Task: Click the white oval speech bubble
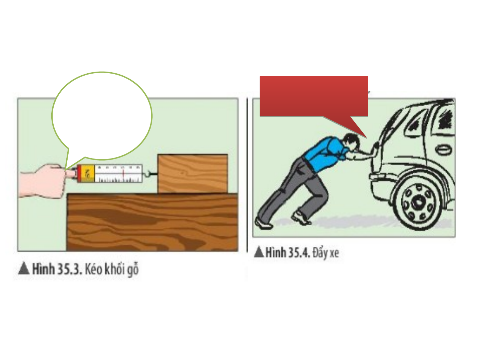(x=102, y=116)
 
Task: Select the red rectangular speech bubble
(x=313, y=96)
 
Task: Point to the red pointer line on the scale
(x=123, y=174)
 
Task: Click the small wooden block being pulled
(x=193, y=174)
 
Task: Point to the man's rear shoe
(x=263, y=223)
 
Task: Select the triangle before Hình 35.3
(x=24, y=269)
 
